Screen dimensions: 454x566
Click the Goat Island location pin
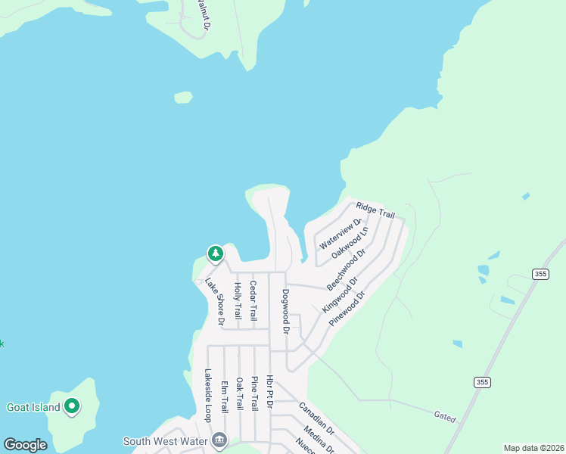click(73, 407)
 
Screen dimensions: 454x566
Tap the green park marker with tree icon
click(216, 253)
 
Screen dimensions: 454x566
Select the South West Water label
click(166, 440)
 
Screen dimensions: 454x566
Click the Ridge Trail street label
click(375, 210)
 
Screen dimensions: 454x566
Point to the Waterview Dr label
click(340, 235)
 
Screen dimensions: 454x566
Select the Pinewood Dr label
click(347, 306)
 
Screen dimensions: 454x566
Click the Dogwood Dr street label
click(286, 311)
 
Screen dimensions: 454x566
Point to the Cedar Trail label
click(253, 300)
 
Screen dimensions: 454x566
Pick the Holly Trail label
click(238, 300)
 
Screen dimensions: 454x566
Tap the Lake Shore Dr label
click(215, 301)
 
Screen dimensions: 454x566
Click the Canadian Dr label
click(316, 418)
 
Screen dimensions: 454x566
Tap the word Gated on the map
click(445, 415)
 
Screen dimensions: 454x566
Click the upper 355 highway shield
click(540, 274)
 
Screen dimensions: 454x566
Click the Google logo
click(25, 445)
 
